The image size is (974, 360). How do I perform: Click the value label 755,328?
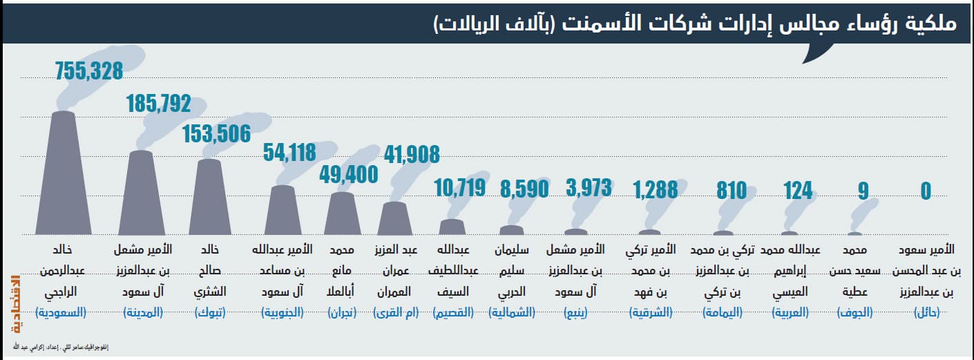(x=88, y=70)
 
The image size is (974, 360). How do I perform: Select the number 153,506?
(x=216, y=134)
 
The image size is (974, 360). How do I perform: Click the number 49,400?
(x=348, y=174)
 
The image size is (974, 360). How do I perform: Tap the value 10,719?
(x=460, y=187)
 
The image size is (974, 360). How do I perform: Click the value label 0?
(x=926, y=190)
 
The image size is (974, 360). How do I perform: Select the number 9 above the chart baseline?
(x=863, y=190)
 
